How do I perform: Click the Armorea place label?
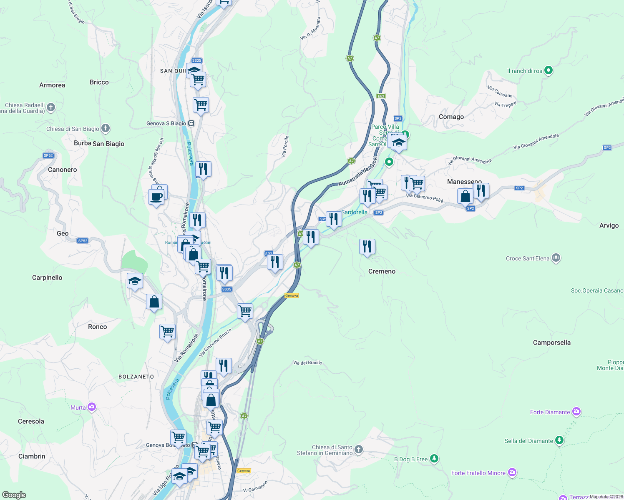point(52,85)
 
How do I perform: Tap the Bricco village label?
point(99,82)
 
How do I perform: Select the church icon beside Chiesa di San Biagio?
point(106,128)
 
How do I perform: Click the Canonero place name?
point(63,170)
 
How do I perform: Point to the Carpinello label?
point(47,277)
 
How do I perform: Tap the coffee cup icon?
point(156,196)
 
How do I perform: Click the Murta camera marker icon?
point(92,407)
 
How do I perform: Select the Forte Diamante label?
point(550,412)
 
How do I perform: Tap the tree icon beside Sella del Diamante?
point(559,440)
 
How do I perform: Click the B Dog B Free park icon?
point(434,459)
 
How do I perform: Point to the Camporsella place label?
point(551,342)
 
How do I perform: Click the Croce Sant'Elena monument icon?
point(556,258)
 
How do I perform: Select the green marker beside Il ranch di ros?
point(549,70)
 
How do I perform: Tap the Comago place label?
point(451,117)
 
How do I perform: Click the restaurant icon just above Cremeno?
point(367,246)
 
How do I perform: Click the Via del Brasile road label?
point(307,362)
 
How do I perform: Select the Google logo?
point(14,495)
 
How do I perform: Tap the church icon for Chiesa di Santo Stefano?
point(359,450)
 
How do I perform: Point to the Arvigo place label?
point(609,225)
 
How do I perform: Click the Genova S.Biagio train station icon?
point(191,123)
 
